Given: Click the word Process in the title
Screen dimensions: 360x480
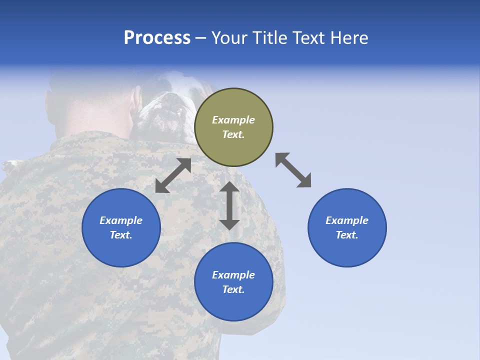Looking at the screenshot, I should (x=157, y=38).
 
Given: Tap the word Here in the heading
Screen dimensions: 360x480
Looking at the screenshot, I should (x=349, y=38).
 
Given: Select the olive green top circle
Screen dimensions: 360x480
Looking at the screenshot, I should (x=233, y=127).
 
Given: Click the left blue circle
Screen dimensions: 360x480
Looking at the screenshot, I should (x=121, y=227).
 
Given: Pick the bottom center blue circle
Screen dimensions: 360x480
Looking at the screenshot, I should (x=233, y=282).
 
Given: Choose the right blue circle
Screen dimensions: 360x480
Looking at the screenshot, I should (x=347, y=227).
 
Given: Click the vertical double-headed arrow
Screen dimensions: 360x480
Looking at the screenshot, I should (x=229, y=205).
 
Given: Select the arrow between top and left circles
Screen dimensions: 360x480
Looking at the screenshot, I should (x=173, y=175).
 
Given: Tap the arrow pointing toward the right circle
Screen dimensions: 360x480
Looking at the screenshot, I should (x=293, y=170).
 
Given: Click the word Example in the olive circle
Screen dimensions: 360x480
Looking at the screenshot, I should (x=233, y=120).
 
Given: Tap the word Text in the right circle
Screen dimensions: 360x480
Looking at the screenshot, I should (x=347, y=235).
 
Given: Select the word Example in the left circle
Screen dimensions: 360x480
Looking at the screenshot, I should (x=121, y=220).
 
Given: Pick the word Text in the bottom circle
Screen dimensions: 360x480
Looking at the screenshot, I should (x=233, y=289).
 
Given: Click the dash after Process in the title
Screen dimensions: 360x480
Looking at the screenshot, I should (x=200, y=38).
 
